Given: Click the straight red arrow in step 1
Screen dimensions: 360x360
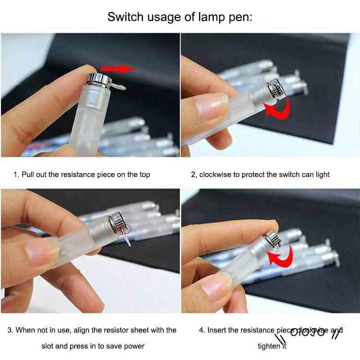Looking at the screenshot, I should pos(117,68).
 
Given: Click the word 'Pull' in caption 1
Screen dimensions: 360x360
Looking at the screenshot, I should pos(29,174).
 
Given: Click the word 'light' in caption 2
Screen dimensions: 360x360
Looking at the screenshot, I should pos(321,174).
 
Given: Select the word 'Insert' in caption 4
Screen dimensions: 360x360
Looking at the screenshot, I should pos(217,330).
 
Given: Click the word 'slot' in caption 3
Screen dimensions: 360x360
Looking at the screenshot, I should pos(49,346).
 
